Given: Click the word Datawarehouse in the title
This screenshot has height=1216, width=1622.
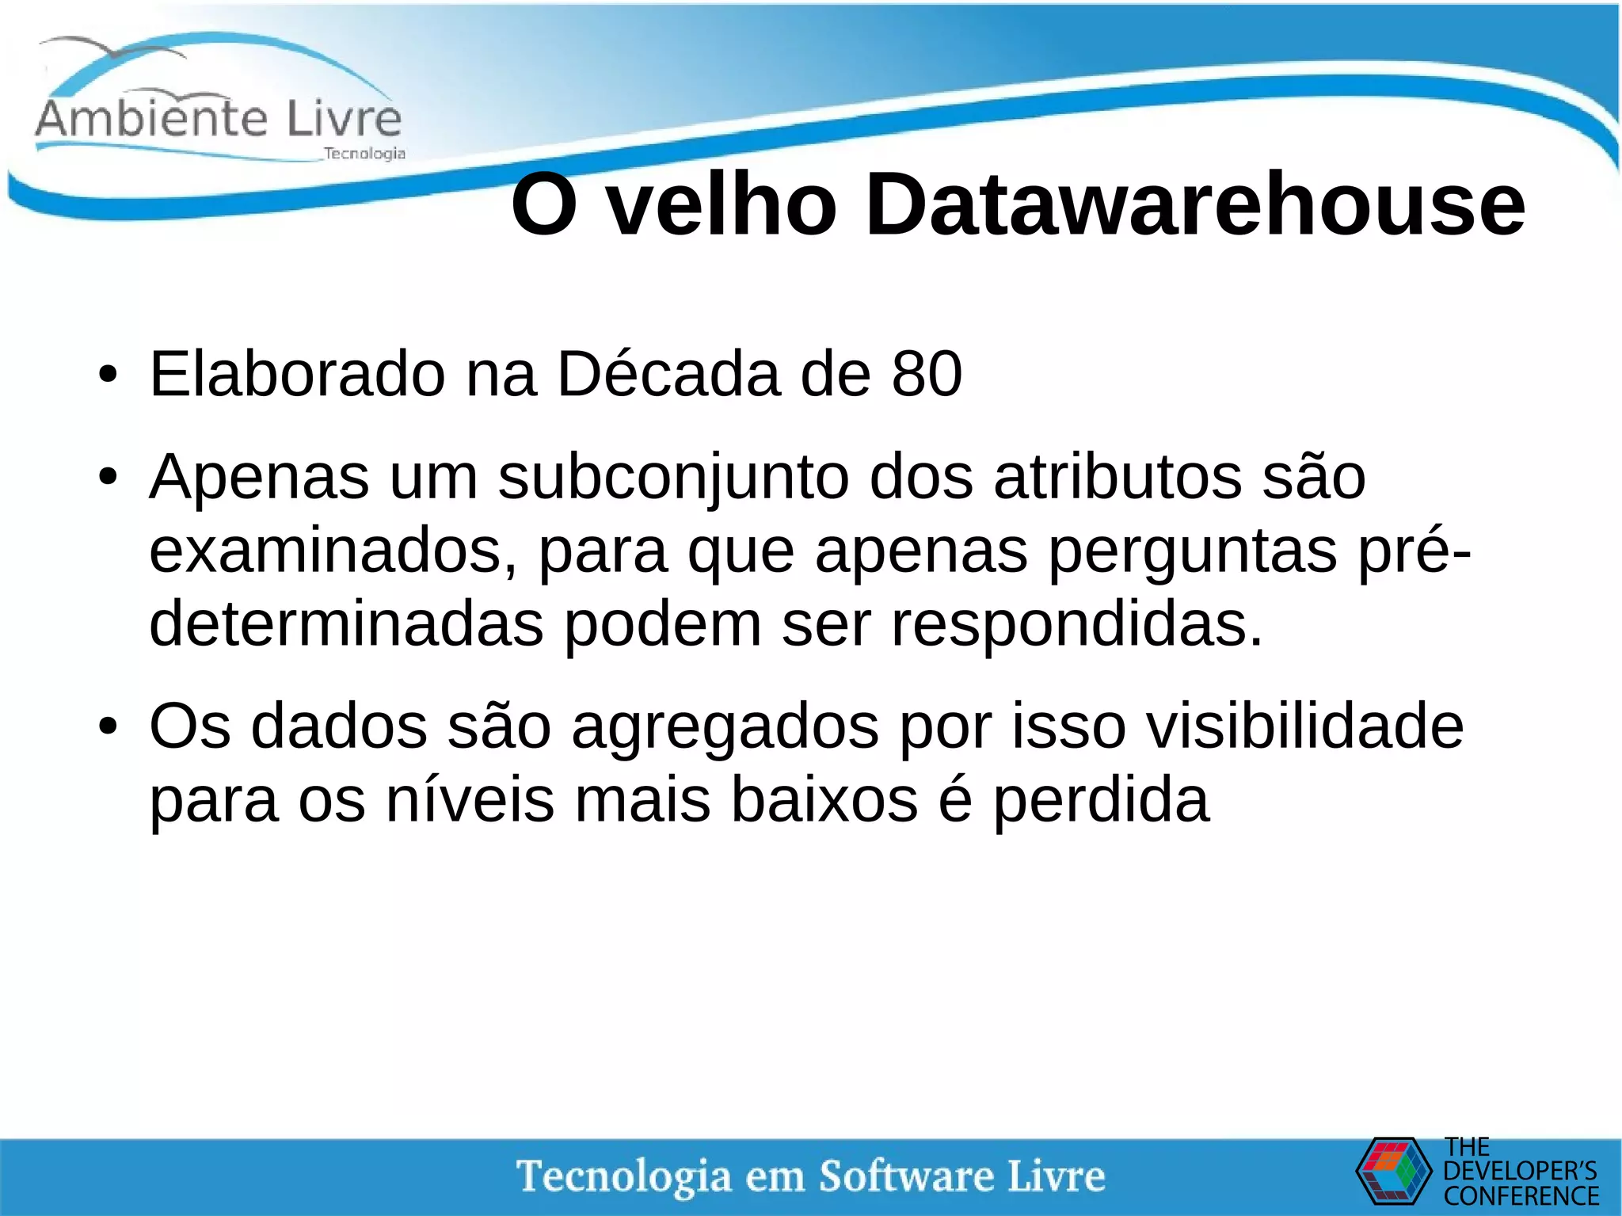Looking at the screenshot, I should [x=1195, y=205].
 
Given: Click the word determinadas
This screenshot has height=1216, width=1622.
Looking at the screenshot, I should [x=346, y=624].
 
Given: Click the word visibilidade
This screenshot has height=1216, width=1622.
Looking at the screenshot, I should [x=1305, y=726].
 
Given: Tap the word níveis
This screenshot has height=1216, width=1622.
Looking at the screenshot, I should [x=470, y=799].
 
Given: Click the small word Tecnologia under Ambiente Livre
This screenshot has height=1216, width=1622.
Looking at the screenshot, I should [x=364, y=154].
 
